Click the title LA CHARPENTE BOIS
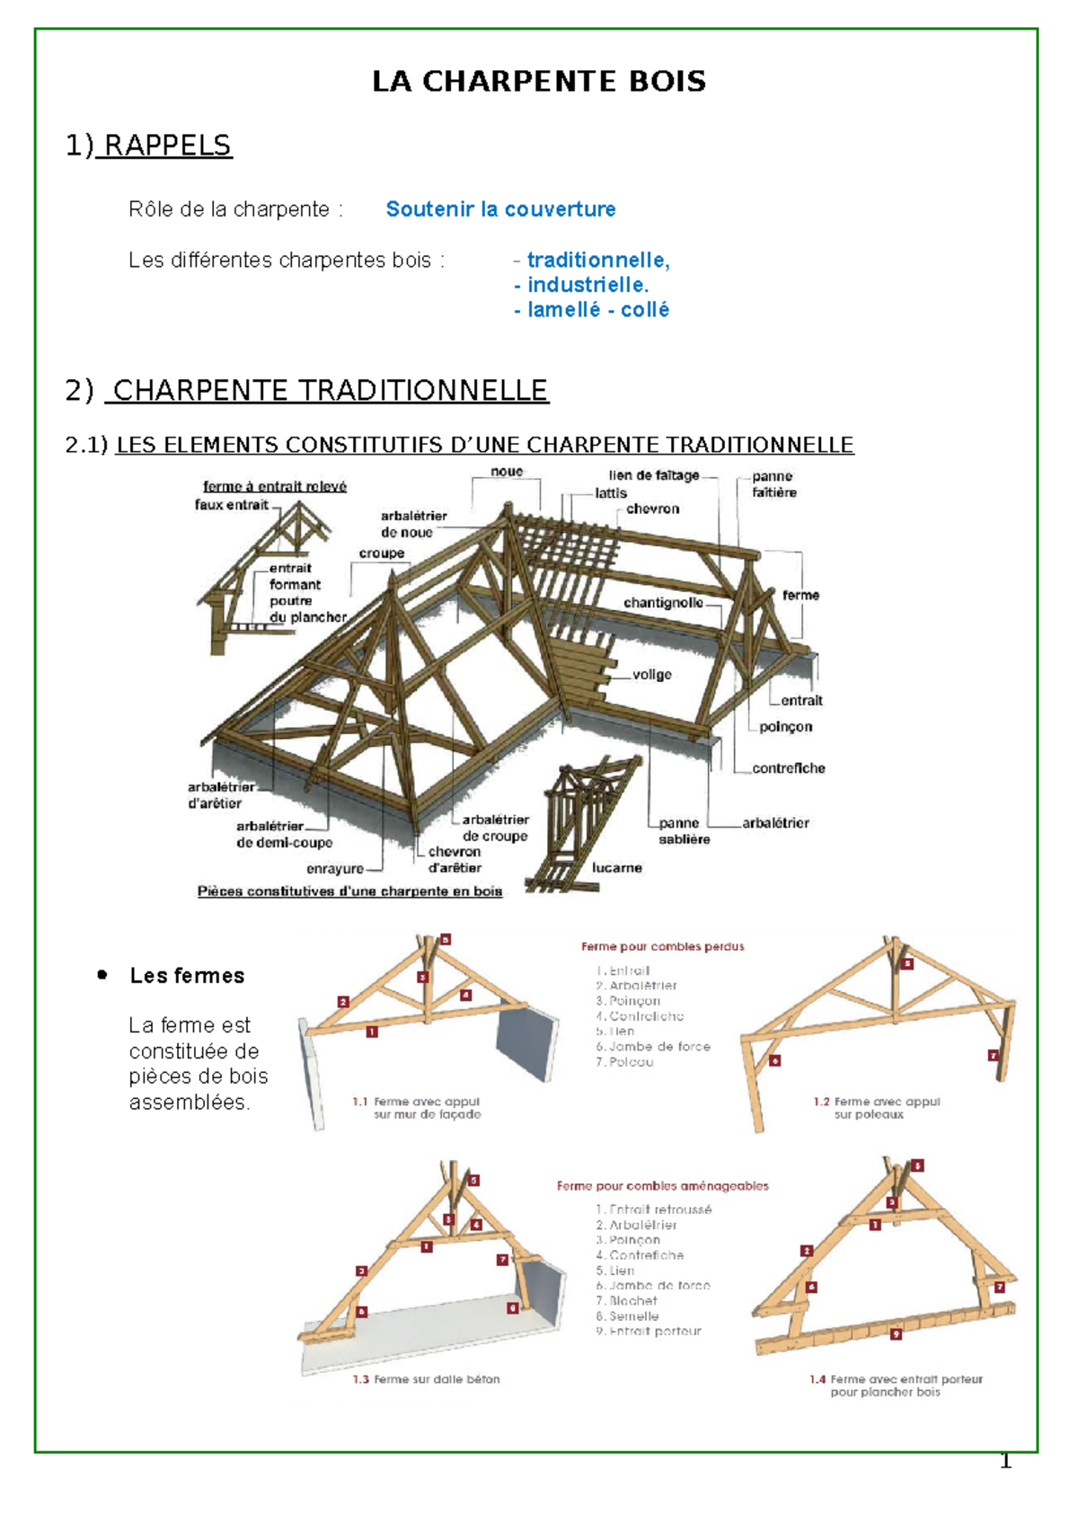(x=539, y=82)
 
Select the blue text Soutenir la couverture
(x=500, y=209)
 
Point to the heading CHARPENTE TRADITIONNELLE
(x=330, y=391)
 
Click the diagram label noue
(x=507, y=472)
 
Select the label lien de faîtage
(x=653, y=475)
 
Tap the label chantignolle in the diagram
(x=663, y=603)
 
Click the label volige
(x=651, y=675)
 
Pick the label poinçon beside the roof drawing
(x=785, y=727)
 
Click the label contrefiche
(x=788, y=768)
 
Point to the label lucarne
(x=616, y=868)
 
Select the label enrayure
(x=335, y=869)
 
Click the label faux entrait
(x=231, y=505)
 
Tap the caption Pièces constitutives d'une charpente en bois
(x=349, y=891)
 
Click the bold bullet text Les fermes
(x=187, y=976)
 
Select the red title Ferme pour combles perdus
(x=662, y=946)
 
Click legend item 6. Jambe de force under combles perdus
(x=653, y=1047)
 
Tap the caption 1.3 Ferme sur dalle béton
(x=426, y=1379)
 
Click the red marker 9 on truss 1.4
(x=896, y=1334)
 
